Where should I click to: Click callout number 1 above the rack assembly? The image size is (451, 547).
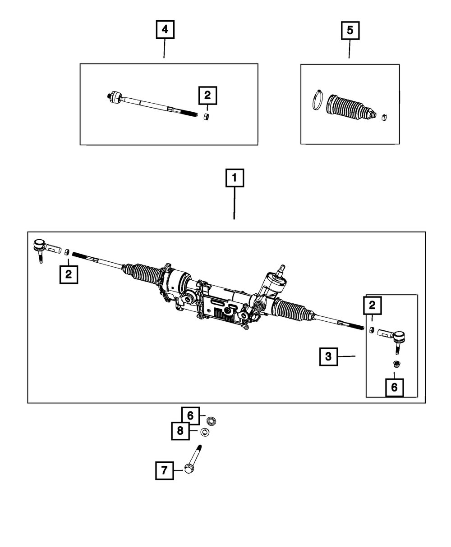point(234,178)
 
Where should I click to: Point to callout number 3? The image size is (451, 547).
point(328,356)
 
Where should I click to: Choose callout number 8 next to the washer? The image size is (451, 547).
point(180,431)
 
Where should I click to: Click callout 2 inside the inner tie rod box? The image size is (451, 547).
point(207,95)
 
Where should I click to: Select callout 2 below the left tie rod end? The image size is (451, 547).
point(68,274)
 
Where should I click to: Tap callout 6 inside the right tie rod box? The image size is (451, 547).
point(395,387)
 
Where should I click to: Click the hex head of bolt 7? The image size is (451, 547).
point(189,470)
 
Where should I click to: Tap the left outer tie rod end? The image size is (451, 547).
point(43,248)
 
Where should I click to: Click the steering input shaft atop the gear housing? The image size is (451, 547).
point(281,270)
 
